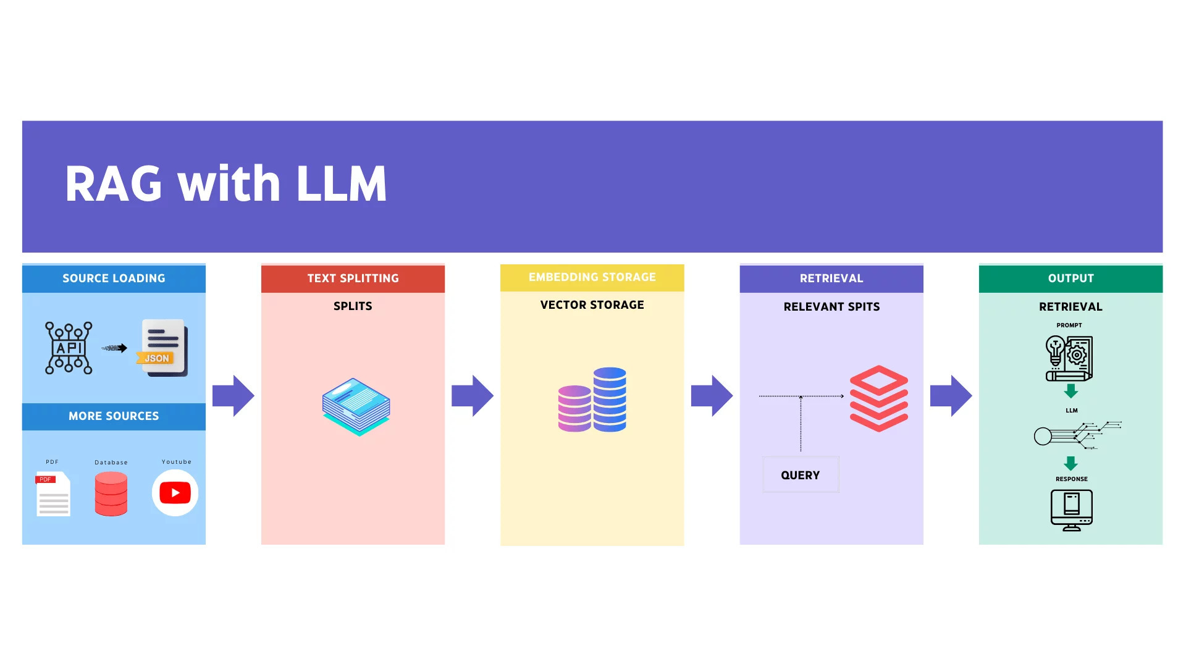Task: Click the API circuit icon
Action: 69,348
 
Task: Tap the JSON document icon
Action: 163,348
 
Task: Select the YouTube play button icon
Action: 175,493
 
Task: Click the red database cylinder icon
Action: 111,493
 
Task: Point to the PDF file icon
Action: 53,494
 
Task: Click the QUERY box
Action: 801,475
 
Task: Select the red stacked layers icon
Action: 878,398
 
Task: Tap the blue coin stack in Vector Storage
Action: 610,399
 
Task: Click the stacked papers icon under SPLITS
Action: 356,407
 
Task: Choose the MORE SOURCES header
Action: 114,416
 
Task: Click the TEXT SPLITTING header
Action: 353,279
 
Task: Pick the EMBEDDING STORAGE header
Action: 592,277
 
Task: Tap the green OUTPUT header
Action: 1070,279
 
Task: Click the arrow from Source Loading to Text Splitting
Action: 233,396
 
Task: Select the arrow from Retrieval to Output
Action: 951,396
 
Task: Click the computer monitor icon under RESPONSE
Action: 1072,510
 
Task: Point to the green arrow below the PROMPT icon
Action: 1071,391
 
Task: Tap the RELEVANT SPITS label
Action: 831,307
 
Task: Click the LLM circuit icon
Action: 1077,435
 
